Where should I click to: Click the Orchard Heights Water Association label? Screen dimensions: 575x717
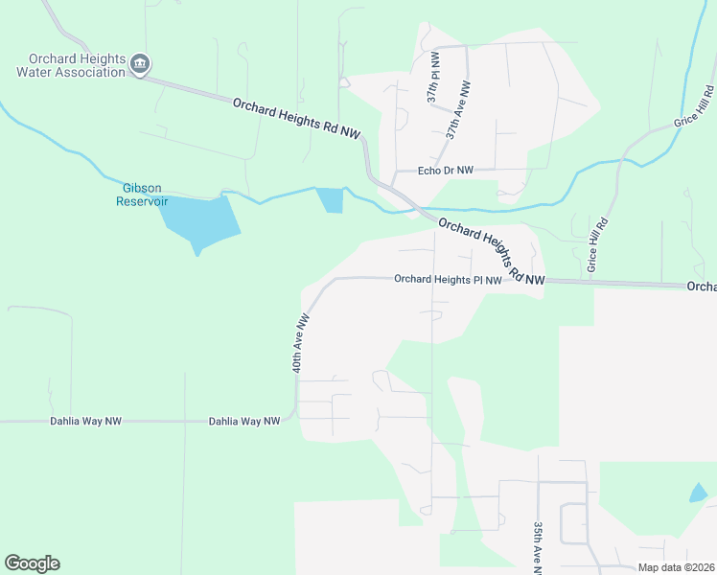(x=71, y=64)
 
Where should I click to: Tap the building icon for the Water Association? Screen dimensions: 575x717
(x=140, y=65)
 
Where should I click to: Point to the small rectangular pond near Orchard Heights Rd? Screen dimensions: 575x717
(x=331, y=199)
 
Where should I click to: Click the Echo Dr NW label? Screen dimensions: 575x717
(x=446, y=171)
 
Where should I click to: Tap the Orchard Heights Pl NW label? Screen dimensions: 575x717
(x=448, y=280)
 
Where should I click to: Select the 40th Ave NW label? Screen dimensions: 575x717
(x=301, y=342)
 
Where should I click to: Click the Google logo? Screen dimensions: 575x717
(x=32, y=563)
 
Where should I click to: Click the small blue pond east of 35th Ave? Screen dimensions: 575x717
(x=698, y=494)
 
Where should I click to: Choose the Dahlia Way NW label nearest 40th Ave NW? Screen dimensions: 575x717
(x=244, y=421)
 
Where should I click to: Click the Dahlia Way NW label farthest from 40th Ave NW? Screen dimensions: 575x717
(x=86, y=421)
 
